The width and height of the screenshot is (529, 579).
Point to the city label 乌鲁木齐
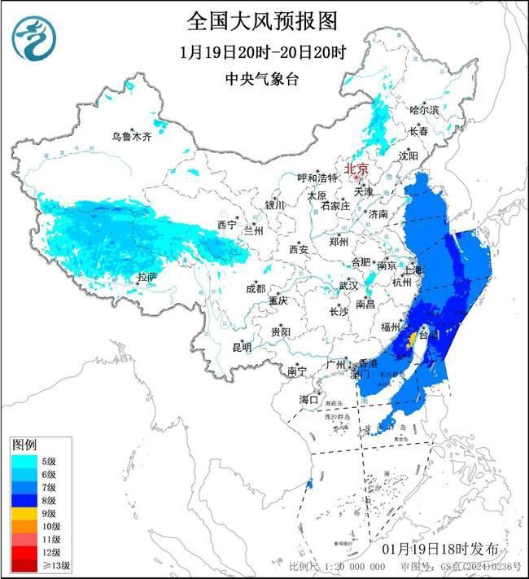coord(131,137)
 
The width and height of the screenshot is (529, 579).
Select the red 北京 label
coord(356,169)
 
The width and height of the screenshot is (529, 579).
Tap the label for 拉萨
coord(146,278)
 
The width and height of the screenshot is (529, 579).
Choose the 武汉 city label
coord(348,286)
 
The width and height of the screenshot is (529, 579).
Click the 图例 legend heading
coord(24,445)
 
